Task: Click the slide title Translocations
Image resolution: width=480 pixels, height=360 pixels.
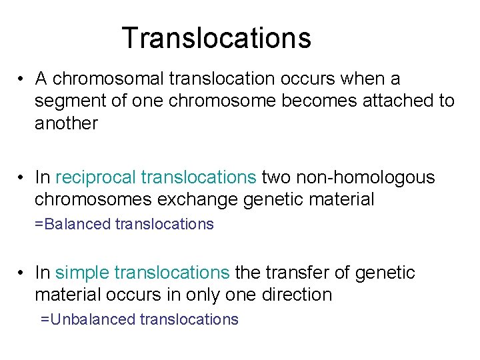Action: [216, 38]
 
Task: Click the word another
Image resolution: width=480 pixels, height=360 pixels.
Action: [66, 123]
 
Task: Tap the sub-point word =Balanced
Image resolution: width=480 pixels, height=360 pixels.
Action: [73, 224]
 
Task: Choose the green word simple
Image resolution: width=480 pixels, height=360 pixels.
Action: [82, 273]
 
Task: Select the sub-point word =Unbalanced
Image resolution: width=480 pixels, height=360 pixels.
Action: [88, 319]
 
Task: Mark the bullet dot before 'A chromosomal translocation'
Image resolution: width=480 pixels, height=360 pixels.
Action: [22, 79]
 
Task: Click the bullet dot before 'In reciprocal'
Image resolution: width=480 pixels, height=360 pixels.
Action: [22, 178]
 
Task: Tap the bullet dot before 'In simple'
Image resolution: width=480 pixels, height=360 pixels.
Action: [22, 273]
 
